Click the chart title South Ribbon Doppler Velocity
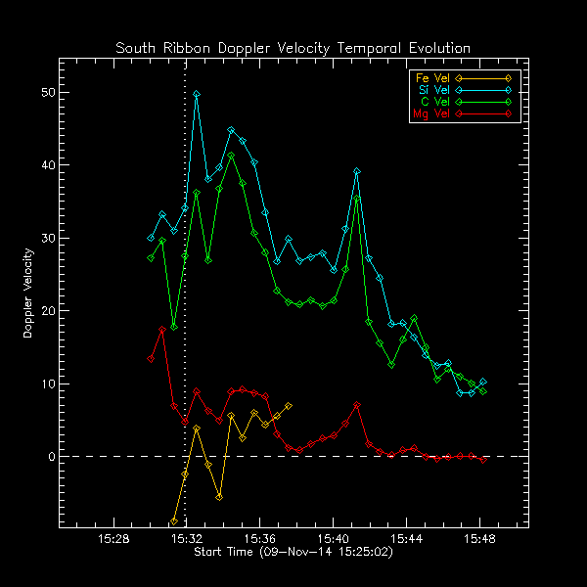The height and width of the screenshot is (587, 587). coord(293,48)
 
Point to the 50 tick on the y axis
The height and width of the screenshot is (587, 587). coord(46,93)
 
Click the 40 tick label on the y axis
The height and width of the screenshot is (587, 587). coord(46,165)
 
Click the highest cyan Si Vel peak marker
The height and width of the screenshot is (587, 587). coord(197,94)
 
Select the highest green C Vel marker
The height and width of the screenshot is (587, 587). coord(231,156)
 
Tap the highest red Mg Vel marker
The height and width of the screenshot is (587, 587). coord(161,330)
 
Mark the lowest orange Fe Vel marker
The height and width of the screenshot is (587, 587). coord(174,521)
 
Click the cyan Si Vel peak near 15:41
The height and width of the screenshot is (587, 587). coord(357,171)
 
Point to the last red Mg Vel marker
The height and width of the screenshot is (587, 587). coord(483,460)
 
